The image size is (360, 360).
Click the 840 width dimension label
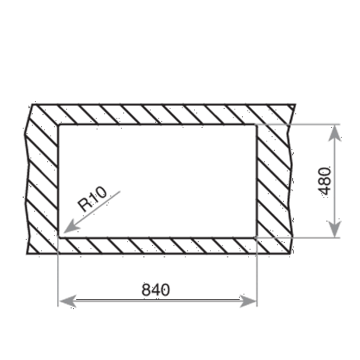click(x=155, y=290)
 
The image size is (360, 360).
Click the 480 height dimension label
click(x=324, y=181)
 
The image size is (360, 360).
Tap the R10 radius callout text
click(x=92, y=199)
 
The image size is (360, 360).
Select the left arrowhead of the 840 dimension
click(x=67, y=301)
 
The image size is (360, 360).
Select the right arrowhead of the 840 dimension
click(x=248, y=301)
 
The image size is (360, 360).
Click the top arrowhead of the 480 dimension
click(x=335, y=133)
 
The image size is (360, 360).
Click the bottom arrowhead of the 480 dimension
click(x=335, y=229)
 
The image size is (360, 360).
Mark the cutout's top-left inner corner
click(x=59, y=125)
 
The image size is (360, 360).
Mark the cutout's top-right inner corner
click(x=256, y=125)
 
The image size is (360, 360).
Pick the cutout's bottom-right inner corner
click(x=256, y=237)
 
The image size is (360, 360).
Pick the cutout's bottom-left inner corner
click(x=59, y=237)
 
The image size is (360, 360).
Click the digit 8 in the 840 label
click(x=146, y=290)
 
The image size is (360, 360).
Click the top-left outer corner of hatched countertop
click(x=32, y=104)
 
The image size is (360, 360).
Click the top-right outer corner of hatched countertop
click(x=295, y=104)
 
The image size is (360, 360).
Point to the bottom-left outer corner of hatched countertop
click(x=27, y=253)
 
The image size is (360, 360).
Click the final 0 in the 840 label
click(x=165, y=290)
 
